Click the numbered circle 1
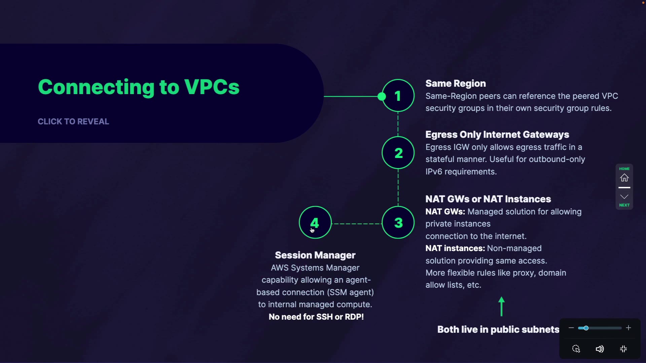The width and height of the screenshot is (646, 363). tap(398, 96)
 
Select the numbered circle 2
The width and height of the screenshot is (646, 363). tap(398, 153)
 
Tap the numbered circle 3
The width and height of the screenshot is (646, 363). tap(398, 223)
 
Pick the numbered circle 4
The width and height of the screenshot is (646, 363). tap(315, 223)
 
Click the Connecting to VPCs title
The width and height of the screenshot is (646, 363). tap(139, 87)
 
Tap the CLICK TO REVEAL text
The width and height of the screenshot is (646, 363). tap(73, 122)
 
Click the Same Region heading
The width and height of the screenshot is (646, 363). tap(456, 83)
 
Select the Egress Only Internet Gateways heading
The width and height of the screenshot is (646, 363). tap(497, 134)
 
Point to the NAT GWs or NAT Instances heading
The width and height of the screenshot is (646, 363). tap(488, 199)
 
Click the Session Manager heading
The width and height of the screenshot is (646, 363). tap(315, 255)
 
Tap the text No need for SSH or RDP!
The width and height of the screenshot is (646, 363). tap(316, 317)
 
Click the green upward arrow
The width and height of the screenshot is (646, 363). tap(502, 306)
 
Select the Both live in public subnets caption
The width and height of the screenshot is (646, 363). tap(498, 329)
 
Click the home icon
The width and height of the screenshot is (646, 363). tap(624, 177)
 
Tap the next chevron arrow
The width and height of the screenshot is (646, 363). tap(624, 197)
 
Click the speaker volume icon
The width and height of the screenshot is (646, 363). tap(600, 349)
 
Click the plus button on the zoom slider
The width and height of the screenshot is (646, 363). tap(629, 328)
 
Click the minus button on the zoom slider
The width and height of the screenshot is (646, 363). tap(571, 328)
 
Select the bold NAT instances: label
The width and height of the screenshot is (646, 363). tap(455, 248)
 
